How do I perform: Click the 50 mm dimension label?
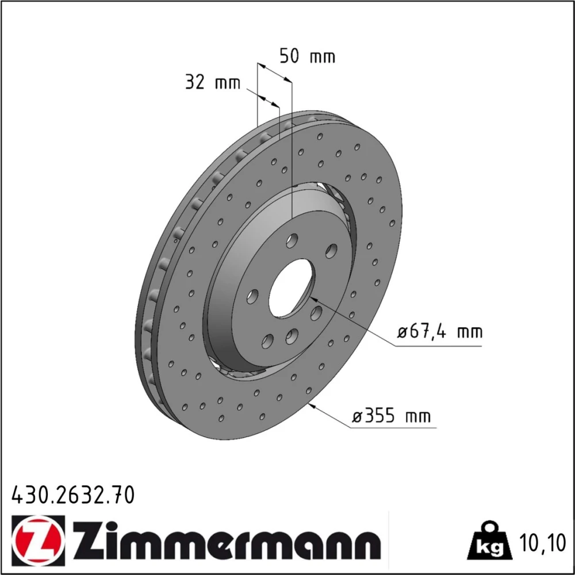click(x=307, y=56)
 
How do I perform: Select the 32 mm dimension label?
click(x=213, y=82)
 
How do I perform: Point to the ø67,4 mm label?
click(x=440, y=332)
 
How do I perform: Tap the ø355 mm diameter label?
click(x=391, y=416)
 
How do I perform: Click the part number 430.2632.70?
click(x=74, y=495)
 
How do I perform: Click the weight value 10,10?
click(x=543, y=543)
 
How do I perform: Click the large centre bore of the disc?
click(x=290, y=288)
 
